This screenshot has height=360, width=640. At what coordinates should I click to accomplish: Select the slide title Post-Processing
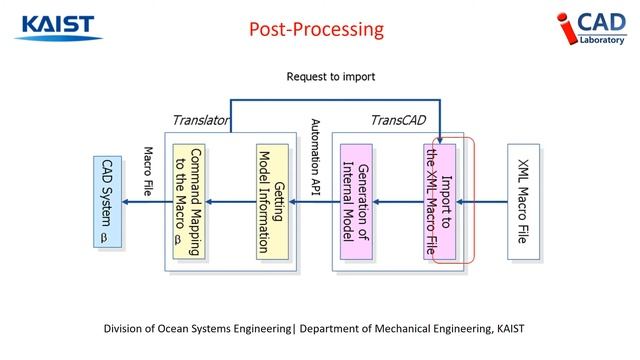click(x=316, y=30)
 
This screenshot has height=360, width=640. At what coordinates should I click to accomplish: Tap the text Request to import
click(x=330, y=76)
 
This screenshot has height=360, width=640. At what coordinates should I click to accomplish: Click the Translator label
click(x=200, y=119)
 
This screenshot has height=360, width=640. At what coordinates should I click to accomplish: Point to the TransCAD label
click(x=398, y=119)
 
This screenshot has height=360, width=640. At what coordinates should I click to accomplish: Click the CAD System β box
click(x=109, y=202)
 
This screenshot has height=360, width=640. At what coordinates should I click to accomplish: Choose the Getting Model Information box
click(x=272, y=202)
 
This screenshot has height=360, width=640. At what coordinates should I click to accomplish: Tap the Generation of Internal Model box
click(x=357, y=202)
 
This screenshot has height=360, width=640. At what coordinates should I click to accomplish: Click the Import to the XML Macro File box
click(x=439, y=202)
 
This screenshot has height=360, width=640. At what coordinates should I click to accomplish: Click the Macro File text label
click(x=147, y=170)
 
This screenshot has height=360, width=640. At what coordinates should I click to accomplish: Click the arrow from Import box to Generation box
click(x=398, y=202)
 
